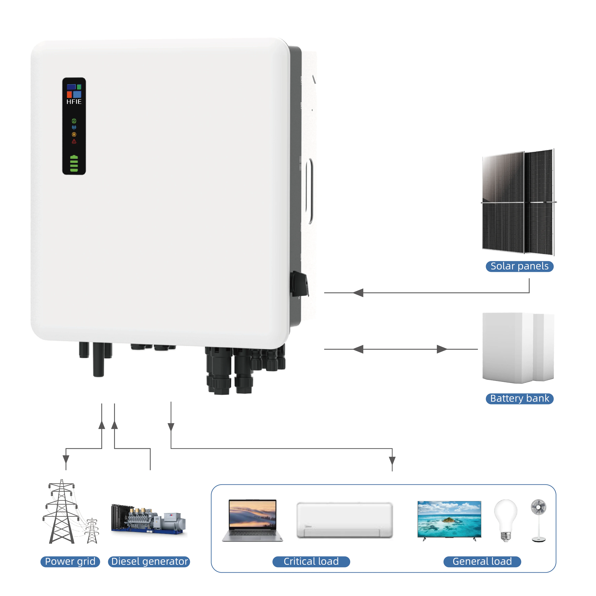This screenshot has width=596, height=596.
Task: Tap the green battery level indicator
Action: pyautogui.click(x=74, y=164)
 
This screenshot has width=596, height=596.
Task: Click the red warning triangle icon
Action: pyautogui.click(x=74, y=141)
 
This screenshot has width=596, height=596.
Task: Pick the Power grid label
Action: pyautogui.click(x=70, y=562)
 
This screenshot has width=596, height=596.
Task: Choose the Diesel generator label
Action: pyautogui.click(x=149, y=562)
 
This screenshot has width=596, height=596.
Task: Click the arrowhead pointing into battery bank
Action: pyautogui.click(x=442, y=349)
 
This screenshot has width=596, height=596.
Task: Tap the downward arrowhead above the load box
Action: pyautogui.click(x=392, y=461)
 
